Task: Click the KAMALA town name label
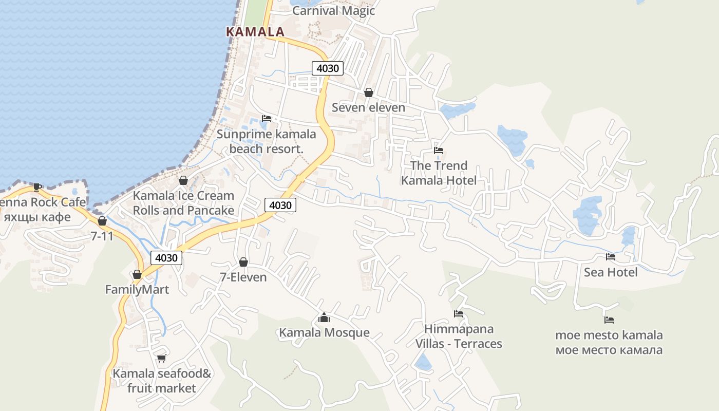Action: pyautogui.click(x=255, y=31)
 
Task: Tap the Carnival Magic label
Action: pyautogui.click(x=333, y=11)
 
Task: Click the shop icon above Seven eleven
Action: pyautogui.click(x=368, y=92)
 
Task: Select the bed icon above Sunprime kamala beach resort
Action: pyautogui.click(x=266, y=119)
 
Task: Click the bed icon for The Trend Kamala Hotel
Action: pyautogui.click(x=438, y=151)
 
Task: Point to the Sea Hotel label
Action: pyautogui.click(x=610, y=272)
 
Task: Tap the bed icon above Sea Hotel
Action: pyautogui.click(x=610, y=257)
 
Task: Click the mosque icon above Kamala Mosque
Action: pyautogui.click(x=324, y=317)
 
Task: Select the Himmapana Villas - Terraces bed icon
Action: pyautogui.click(x=458, y=314)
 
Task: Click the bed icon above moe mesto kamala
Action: pyautogui.click(x=609, y=320)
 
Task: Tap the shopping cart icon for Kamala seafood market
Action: pyautogui.click(x=161, y=358)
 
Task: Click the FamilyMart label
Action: pyautogui.click(x=137, y=290)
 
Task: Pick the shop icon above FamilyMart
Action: pyautogui.click(x=137, y=274)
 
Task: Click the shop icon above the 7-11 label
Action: pyautogui.click(x=102, y=221)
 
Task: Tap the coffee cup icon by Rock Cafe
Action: pyautogui.click(x=36, y=186)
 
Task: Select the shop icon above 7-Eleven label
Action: pyautogui.click(x=243, y=262)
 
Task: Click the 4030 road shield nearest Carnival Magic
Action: pyautogui.click(x=327, y=68)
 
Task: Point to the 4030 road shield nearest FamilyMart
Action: pyautogui.click(x=166, y=258)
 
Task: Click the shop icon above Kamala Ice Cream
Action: pyautogui.click(x=183, y=180)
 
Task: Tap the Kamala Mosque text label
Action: pyautogui.click(x=324, y=333)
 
